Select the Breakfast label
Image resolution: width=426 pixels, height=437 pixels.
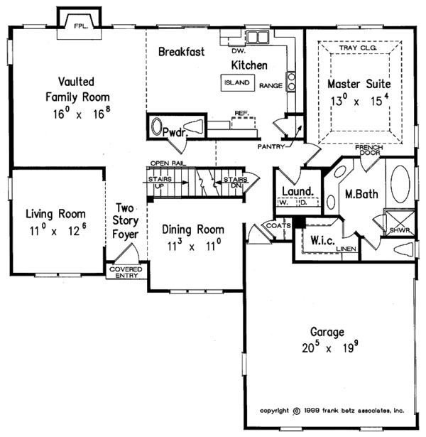pyautogui.click(x=182, y=52)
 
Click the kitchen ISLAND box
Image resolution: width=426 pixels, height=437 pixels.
pyautogui.click(x=236, y=82)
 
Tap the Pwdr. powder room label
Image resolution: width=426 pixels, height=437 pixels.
pyautogui.click(x=174, y=132)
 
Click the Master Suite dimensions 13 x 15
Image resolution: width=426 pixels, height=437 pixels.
pyautogui.click(x=359, y=100)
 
